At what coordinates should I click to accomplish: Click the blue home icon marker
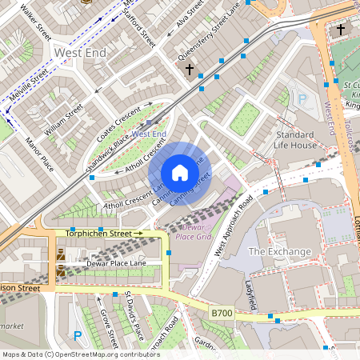point(180,173)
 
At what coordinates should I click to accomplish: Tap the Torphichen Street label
point(98,234)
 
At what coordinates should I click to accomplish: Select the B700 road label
point(222,313)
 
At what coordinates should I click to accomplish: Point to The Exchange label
point(279,251)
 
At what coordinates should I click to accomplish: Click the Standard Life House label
point(296,140)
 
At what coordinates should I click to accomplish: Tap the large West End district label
point(79,52)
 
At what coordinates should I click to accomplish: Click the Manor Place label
point(38,154)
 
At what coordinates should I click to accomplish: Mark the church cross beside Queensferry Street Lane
point(190,70)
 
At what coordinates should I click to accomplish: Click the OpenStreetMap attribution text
point(81,354)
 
